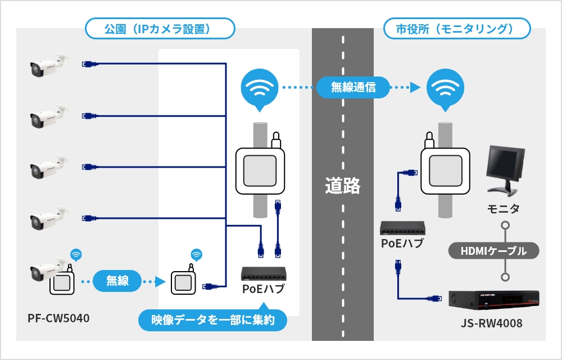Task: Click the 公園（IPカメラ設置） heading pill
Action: point(159,28)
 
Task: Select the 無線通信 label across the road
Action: point(352,87)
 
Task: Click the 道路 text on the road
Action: point(342,186)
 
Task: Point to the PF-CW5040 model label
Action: point(58,318)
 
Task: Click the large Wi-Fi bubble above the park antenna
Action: point(259,88)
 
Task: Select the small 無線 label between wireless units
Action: point(117,281)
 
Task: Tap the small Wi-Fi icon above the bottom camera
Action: point(75,255)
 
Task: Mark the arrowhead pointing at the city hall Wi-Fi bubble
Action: point(415,87)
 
